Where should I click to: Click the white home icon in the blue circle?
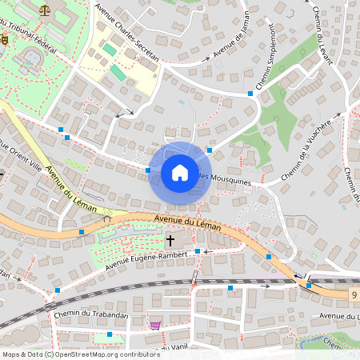click(180, 172)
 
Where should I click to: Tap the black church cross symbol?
click(170, 239)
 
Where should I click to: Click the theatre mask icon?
click(4, 37)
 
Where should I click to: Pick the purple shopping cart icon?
click(155, 325)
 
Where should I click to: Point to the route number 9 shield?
click(353, 295)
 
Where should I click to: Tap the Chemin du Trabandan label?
click(91, 315)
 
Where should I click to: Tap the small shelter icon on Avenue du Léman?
click(107, 218)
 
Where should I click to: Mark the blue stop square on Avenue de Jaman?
click(250, 94)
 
